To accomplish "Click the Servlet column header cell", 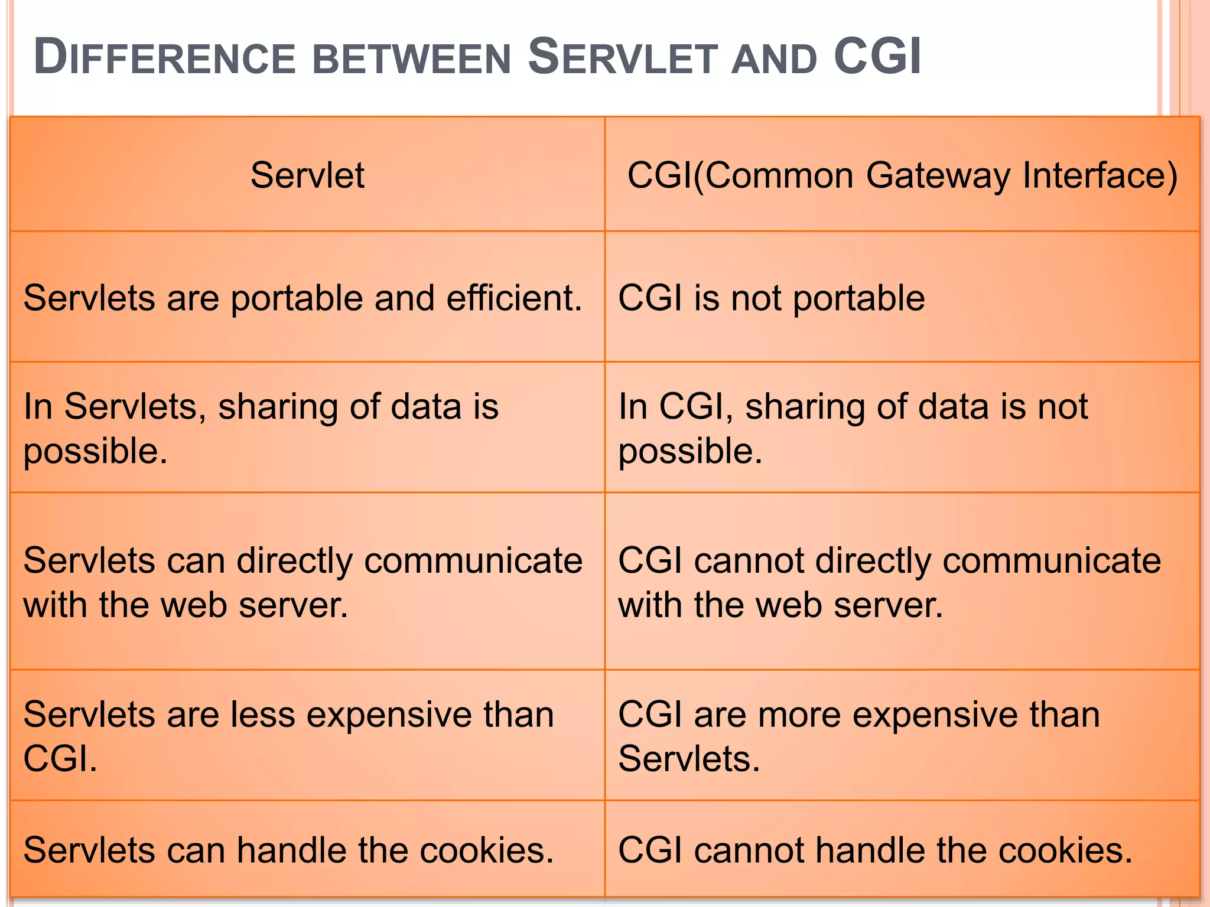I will (x=307, y=175).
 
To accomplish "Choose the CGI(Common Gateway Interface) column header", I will (x=902, y=175).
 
